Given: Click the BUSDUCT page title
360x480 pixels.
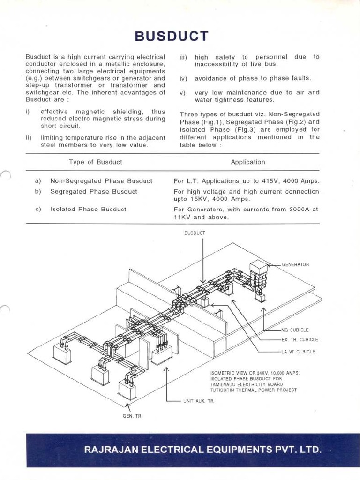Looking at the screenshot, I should tap(171, 36).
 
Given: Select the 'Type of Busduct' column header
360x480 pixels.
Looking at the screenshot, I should tap(96, 162).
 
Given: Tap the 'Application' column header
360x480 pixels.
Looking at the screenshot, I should tap(247, 162).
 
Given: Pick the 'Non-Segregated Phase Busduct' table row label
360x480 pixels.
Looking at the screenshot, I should tap(101, 181).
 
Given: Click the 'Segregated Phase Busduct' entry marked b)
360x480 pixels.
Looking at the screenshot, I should tap(94, 192).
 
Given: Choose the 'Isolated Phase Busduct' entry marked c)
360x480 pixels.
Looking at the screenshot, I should tap(88, 209).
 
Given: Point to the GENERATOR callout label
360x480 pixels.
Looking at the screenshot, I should tap(295, 264).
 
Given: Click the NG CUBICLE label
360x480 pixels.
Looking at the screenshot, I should tap(295, 330).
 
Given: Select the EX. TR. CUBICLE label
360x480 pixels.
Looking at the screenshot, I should tap(300, 339).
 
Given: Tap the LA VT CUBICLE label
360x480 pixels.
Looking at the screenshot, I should tap(298, 352).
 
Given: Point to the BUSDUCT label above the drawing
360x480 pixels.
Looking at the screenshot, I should tap(195, 233).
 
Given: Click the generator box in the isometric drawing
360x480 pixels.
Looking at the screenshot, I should tap(258, 268).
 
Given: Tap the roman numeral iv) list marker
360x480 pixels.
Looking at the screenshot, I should tap(183, 78).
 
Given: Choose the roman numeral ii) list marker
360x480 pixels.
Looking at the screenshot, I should tap(29, 138).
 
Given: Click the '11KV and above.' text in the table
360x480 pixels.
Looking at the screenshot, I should tap(201, 217).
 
